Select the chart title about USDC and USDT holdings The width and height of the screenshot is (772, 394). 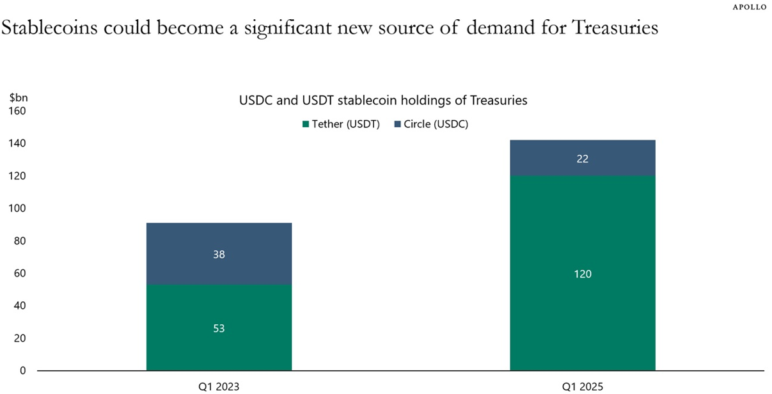[x=382, y=100]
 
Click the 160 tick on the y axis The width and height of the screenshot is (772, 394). [x=17, y=111]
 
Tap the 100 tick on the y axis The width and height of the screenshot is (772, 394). [x=17, y=209]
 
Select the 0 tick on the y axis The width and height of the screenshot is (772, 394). [x=22, y=371]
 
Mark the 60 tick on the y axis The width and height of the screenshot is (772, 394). [x=19, y=273]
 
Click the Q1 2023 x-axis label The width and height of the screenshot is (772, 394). [x=219, y=386]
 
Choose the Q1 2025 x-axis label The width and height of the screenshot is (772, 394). [x=582, y=386]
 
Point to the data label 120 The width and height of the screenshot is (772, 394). [x=582, y=274]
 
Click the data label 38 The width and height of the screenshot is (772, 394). [x=219, y=254]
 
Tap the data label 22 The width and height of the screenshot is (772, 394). [x=582, y=159]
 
